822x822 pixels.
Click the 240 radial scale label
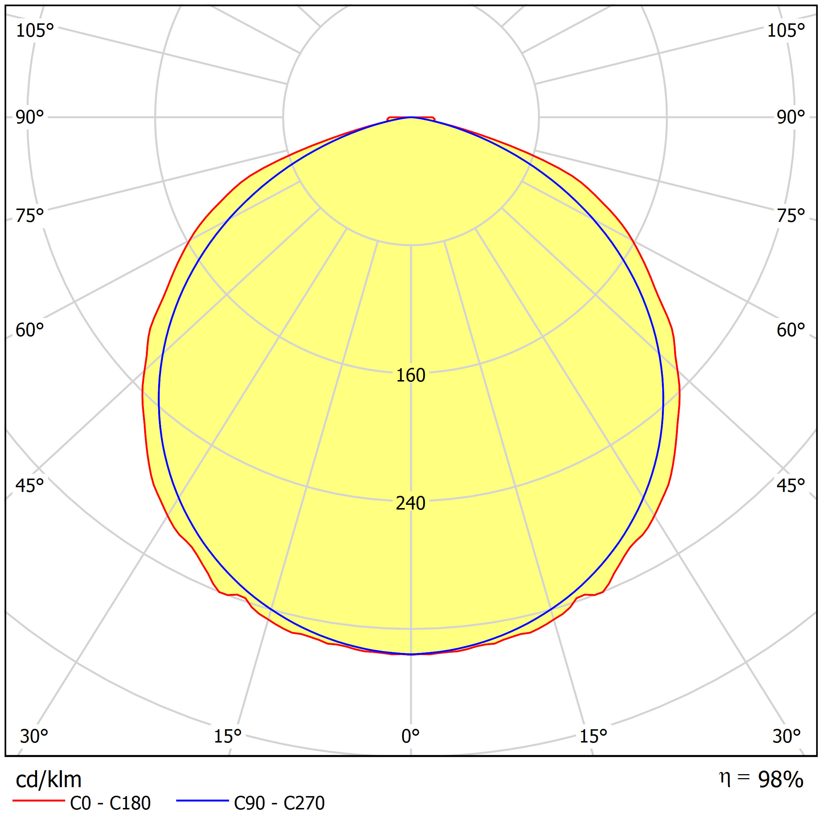click(x=411, y=503)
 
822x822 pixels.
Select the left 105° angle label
click(x=35, y=31)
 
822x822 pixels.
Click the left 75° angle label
click(x=30, y=216)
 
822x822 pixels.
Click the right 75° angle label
click(x=791, y=216)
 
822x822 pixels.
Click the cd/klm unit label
click(x=49, y=780)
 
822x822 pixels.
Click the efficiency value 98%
click(x=781, y=780)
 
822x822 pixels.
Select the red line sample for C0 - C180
click(x=39, y=801)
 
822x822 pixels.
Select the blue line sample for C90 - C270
click(x=202, y=801)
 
